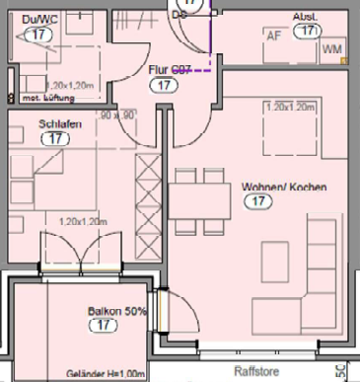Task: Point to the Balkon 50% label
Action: click(116, 311)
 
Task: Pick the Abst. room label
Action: click(304, 18)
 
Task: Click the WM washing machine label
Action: click(332, 48)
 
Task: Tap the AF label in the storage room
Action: click(273, 35)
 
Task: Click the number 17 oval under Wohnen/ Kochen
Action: click(259, 202)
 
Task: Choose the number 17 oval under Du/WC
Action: click(39, 34)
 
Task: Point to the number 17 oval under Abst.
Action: click(309, 32)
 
